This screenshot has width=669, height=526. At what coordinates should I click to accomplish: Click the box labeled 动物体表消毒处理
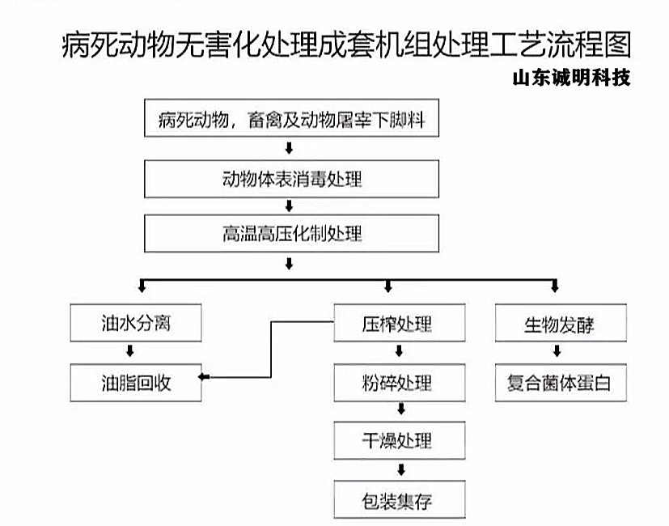291,179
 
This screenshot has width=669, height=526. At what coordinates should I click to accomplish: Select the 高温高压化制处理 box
291,234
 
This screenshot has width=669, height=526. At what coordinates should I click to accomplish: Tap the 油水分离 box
136,323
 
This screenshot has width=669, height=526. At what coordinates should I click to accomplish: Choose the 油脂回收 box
136,383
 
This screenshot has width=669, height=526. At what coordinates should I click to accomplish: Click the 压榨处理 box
400,323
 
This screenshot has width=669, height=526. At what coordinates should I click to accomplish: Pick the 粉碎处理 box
400,383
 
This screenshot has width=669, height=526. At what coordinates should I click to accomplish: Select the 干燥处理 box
400,440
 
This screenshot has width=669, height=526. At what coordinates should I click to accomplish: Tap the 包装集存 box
400,499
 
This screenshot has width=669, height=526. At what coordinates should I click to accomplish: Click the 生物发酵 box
561,323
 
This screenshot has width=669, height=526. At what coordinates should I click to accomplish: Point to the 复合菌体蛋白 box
561,383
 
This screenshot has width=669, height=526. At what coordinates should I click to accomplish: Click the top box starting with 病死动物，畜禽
291,118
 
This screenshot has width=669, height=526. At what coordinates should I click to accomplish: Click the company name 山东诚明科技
571,78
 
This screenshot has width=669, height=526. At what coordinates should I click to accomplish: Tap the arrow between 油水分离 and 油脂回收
130,351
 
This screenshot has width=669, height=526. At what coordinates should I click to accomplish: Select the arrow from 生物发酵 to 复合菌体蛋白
557,351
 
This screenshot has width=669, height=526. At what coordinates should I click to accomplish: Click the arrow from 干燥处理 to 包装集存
401,470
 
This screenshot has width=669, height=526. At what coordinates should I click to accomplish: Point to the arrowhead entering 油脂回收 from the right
202,377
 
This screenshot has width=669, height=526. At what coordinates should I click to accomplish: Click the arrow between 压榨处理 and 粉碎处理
400,351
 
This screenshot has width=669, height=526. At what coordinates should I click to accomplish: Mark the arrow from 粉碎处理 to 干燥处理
401,409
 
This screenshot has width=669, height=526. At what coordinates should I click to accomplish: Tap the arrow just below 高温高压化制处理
289,264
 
